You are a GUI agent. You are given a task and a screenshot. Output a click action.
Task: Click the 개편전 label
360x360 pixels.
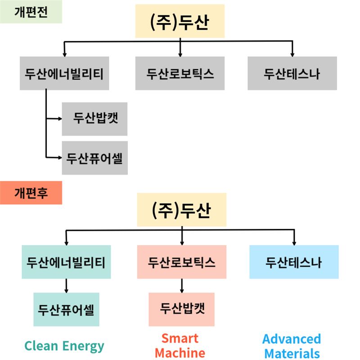(31, 12)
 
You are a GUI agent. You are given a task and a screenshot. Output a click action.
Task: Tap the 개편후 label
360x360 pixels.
(31, 193)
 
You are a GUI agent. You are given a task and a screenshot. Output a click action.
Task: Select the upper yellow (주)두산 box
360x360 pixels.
(180, 21)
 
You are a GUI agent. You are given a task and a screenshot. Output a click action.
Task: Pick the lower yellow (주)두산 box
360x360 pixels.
(181, 210)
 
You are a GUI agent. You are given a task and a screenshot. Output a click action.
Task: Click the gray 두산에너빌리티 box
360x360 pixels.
(64, 73)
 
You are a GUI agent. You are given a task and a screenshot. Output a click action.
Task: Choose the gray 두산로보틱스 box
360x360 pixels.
(180, 73)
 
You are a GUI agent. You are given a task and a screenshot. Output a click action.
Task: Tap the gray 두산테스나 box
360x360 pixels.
(292, 73)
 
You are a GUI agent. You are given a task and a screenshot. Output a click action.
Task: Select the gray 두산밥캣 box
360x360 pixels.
(94, 119)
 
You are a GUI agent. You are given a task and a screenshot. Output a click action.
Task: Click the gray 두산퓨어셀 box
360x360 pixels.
(94, 158)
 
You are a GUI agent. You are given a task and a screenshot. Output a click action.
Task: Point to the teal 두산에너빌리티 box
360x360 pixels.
(66, 262)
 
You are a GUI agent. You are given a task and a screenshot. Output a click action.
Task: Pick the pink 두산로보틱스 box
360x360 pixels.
(182, 262)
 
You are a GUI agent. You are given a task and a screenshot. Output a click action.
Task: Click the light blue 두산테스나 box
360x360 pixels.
(294, 262)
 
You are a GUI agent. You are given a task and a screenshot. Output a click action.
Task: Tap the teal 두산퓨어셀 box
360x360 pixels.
(66, 309)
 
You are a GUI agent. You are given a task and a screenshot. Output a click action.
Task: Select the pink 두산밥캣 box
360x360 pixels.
(182, 309)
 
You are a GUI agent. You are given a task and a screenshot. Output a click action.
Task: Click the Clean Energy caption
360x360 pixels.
(64, 346)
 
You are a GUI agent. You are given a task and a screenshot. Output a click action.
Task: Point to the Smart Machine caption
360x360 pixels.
(180, 345)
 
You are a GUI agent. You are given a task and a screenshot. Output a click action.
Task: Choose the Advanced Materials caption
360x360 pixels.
(292, 345)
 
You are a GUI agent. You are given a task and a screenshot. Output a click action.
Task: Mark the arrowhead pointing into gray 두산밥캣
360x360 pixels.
(59, 119)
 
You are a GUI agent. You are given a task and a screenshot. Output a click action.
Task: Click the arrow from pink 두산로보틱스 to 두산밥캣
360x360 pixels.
(182, 285)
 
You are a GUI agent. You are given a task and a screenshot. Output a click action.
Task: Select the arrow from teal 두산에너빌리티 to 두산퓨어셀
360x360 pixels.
(66, 285)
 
